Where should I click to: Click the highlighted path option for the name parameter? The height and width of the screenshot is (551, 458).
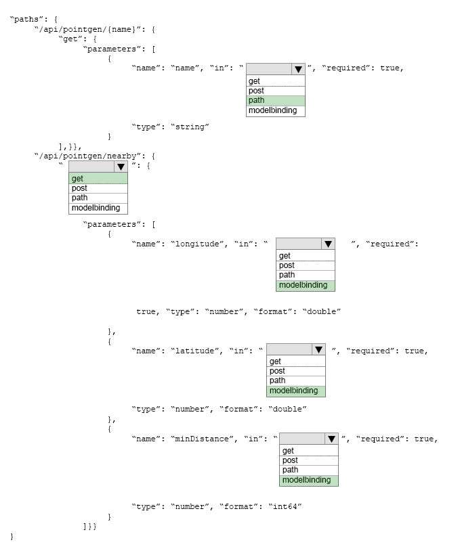click(x=276, y=100)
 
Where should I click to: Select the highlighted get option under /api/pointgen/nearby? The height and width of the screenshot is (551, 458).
click(x=98, y=179)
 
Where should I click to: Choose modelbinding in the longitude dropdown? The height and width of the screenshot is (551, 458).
click(x=306, y=286)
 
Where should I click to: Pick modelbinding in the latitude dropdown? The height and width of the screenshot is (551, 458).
click(x=296, y=391)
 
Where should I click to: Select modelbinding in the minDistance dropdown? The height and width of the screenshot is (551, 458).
click(x=309, y=480)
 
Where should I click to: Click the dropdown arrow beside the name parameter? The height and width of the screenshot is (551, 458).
click(x=298, y=69)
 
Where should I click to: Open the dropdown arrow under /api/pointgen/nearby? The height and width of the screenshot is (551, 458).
click(x=121, y=167)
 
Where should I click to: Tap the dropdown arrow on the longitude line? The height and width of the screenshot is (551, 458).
click(x=328, y=244)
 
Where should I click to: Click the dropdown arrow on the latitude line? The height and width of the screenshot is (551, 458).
click(x=318, y=350)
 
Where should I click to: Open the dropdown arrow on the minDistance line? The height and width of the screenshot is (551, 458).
click(x=332, y=439)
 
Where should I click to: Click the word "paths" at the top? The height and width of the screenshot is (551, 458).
click(x=26, y=20)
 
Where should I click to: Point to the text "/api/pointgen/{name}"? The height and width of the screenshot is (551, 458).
click(x=87, y=29)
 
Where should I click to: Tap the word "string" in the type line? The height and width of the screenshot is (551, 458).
click(x=190, y=127)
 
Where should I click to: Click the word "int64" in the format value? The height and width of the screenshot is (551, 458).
click(x=285, y=506)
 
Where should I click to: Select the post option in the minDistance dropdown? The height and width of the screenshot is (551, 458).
click(x=290, y=460)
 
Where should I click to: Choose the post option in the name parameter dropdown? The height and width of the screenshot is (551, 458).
click(x=256, y=91)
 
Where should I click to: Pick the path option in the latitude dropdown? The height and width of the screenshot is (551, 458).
click(x=277, y=380)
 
